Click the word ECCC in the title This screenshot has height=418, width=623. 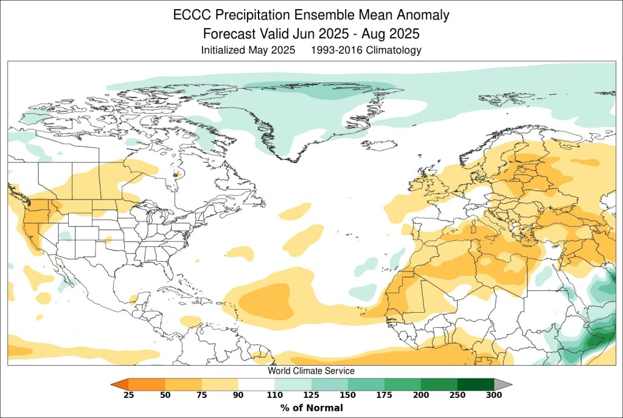click(x=190, y=15)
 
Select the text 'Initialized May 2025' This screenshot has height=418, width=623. click(x=248, y=51)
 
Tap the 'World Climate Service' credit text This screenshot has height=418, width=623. click(x=311, y=371)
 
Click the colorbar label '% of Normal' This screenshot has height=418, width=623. click(x=311, y=408)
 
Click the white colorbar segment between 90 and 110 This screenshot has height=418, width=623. click(x=256, y=385)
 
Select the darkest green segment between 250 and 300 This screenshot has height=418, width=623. click(x=475, y=385)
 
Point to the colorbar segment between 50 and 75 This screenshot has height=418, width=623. click(x=183, y=385)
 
